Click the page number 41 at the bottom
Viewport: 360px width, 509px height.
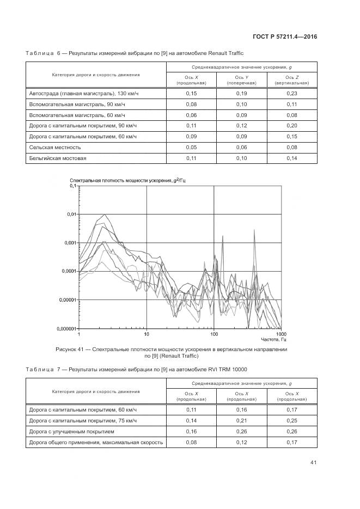coord(313,462)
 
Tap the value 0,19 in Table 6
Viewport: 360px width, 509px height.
coord(242,94)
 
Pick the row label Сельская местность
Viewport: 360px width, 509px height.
coord(55,148)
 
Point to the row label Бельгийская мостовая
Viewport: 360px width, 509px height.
coord(58,158)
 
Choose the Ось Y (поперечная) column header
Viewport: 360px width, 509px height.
coord(242,80)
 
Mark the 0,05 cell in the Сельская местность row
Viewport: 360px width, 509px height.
coord(191,148)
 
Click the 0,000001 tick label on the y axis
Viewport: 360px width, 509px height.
coord(66,329)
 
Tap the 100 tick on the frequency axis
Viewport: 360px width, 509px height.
coord(214,333)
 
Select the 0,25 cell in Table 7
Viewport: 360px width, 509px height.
coord(292,421)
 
